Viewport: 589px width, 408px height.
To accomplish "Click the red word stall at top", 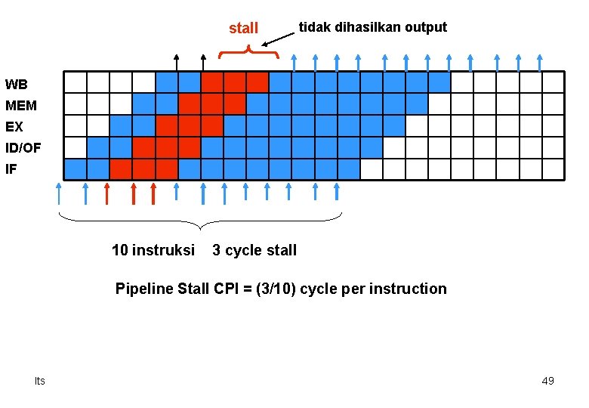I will tap(243, 28).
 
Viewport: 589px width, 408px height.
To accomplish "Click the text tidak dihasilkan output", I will tap(372, 27).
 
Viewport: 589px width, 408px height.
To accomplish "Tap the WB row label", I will tap(16, 84).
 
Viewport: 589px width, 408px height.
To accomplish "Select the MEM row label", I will tap(20, 106).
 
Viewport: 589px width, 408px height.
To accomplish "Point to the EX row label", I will tap(14, 127).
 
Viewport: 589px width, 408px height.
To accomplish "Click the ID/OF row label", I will tap(23, 149).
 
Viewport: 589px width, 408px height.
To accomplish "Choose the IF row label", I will tap(11, 170).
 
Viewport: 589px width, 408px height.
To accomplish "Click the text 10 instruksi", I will tap(153, 250).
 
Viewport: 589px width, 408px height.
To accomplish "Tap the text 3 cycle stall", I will tap(254, 250).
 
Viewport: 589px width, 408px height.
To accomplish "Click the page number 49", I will tap(547, 381).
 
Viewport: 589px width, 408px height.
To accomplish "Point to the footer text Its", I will tap(39, 381).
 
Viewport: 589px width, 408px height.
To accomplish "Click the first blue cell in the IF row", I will tap(76, 169).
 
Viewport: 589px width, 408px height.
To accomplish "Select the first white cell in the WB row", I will tap(76, 82).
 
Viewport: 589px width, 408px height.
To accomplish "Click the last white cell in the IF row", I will tap(553, 169).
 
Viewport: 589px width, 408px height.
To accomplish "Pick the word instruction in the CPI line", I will tap(412, 289).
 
